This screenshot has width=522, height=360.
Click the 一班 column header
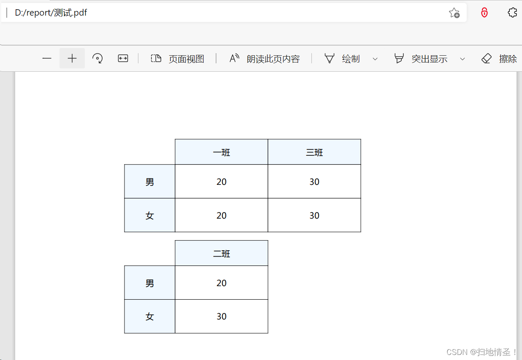(222, 152)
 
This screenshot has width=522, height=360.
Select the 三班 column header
(314, 152)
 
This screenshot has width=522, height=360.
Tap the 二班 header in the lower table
(222, 254)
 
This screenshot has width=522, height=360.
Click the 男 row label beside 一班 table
(150, 182)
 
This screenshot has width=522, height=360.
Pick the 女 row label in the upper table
(150, 216)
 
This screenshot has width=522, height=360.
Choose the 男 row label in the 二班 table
(150, 283)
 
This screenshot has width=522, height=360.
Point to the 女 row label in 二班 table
(150, 317)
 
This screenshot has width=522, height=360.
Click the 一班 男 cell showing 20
(222, 182)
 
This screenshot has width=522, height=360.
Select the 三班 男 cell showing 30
(314, 182)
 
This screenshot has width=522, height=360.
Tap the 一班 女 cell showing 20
(222, 216)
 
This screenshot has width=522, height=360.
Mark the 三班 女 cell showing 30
(314, 216)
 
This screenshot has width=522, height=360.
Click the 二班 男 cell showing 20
(222, 283)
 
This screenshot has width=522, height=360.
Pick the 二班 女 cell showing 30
(222, 317)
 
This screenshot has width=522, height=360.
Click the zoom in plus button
(72, 59)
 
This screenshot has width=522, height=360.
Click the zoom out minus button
(47, 59)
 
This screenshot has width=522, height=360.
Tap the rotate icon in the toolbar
(97, 59)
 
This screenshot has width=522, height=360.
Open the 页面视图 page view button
(178, 59)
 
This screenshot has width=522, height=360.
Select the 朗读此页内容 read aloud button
(264, 59)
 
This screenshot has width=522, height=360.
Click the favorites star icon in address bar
(454, 13)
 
